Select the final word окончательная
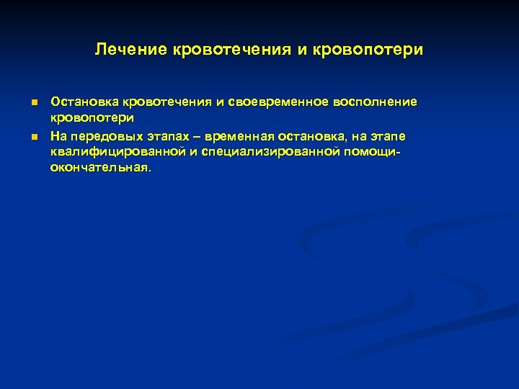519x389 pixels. pos(101,166)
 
